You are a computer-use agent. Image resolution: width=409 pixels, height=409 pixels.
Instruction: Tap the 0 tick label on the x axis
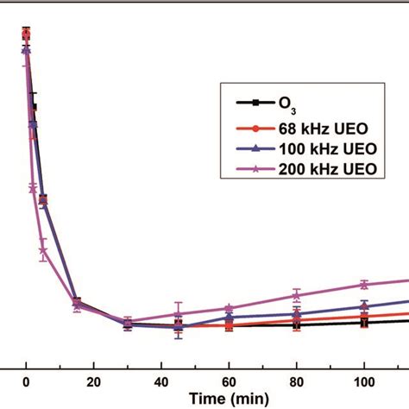pos(26,381)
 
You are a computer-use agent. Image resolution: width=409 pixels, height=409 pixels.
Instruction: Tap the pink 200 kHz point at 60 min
pos(229,308)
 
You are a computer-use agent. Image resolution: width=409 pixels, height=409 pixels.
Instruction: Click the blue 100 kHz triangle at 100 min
pos(364,305)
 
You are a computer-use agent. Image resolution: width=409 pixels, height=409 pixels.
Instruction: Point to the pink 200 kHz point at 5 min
pos(43,252)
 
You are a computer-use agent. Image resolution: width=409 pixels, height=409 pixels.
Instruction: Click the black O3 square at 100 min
pos(364,323)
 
